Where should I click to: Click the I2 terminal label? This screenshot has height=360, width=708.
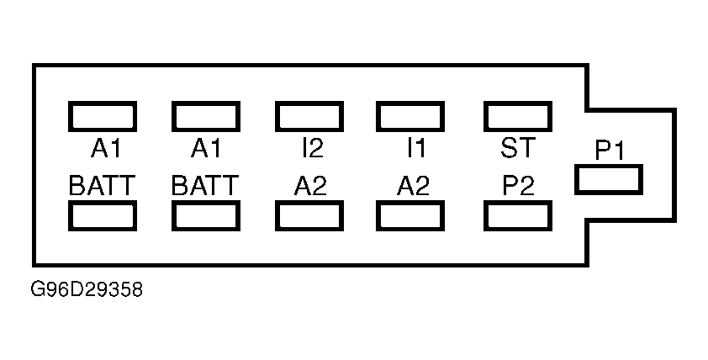[313, 148]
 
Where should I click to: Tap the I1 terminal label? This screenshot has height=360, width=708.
[416, 148]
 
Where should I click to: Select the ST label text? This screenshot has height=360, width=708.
[518, 148]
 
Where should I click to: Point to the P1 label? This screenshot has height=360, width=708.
[609, 151]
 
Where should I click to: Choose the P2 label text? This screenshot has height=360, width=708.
[518, 185]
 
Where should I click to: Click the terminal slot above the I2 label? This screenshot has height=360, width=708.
[309, 117]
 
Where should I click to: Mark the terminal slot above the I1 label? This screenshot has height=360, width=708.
[410, 117]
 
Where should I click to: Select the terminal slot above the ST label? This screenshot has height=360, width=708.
[518, 117]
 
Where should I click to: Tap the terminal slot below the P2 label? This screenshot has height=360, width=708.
[518, 216]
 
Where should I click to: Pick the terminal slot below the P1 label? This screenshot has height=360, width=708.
[609, 180]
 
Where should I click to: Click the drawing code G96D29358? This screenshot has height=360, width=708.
[87, 289]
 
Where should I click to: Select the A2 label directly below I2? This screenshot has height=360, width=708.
[310, 185]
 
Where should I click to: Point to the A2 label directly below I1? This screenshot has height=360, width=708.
[413, 185]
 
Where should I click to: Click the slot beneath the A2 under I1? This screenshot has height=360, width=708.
[410, 216]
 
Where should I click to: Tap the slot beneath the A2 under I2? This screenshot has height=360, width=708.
[309, 216]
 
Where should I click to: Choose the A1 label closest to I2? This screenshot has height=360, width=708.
[206, 148]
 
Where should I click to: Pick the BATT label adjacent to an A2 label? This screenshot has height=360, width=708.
[205, 185]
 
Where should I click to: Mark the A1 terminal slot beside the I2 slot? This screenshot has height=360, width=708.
[206, 117]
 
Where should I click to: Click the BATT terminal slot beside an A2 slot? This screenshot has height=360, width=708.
[206, 216]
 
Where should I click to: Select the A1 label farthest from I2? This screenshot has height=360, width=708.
[106, 148]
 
